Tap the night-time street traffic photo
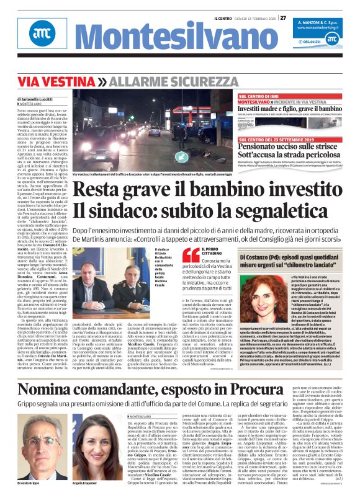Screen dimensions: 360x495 (x=153, y=133)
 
